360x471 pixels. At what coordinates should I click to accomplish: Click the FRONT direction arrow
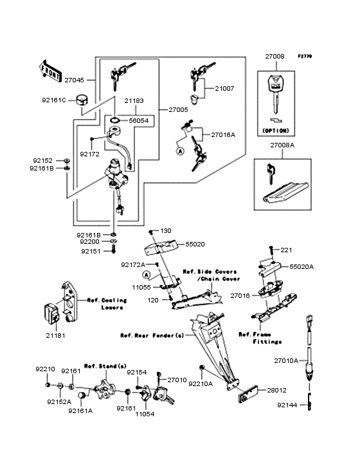tap(50, 71)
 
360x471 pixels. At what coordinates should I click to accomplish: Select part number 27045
tap(75, 80)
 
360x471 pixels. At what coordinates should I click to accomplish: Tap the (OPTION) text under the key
tap(276, 131)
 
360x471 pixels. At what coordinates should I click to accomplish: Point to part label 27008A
tap(282, 145)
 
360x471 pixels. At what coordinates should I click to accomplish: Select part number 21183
tap(134, 100)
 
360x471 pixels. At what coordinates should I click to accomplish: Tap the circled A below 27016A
tap(180, 151)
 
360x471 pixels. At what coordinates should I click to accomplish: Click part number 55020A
tap(301, 267)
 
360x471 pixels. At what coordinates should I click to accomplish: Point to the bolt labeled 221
tap(271, 250)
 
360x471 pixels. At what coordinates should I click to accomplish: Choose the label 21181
tap(55, 335)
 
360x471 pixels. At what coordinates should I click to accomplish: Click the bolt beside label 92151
tap(113, 249)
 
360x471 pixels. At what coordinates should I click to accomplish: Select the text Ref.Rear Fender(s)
tap(152, 335)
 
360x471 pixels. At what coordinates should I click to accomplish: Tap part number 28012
tap(277, 390)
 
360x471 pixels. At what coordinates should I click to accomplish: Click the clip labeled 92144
tap(309, 401)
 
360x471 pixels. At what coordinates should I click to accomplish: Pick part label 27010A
tap(286, 360)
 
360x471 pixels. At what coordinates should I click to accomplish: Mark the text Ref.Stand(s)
tap(105, 366)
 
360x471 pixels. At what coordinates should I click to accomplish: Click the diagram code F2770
tap(305, 56)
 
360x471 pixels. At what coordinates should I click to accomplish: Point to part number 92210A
tap(201, 383)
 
